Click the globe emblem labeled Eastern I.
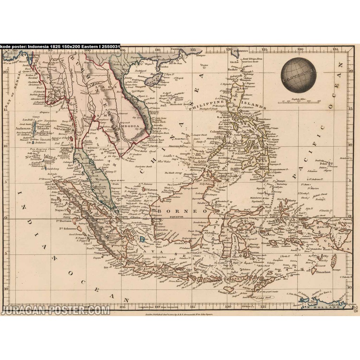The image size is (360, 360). (298, 75)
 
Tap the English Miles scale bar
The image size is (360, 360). (299, 101)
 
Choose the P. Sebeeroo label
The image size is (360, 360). (66, 229)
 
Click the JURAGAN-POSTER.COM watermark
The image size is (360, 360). (56, 310)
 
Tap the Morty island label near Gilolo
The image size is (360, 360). (291, 201)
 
